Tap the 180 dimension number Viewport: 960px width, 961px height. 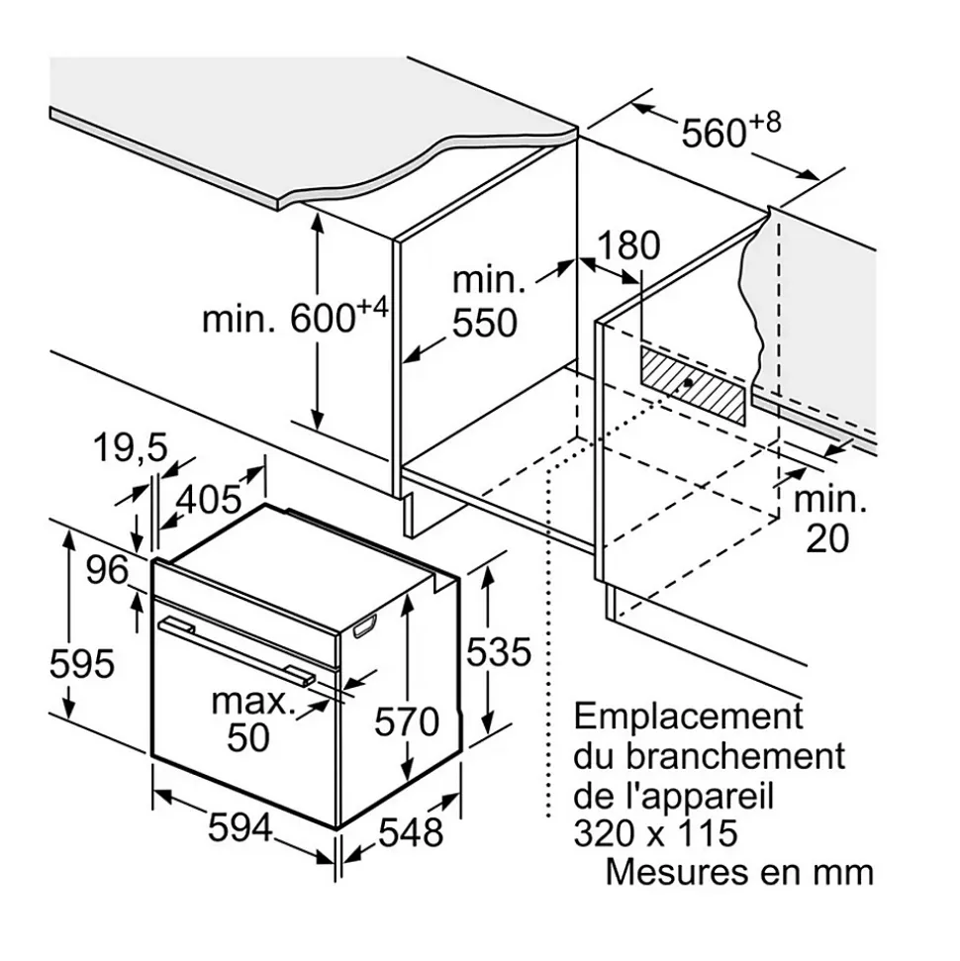(628, 245)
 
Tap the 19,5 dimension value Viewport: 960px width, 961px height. (131, 448)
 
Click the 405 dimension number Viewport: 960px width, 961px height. (208, 500)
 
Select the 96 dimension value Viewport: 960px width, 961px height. (107, 570)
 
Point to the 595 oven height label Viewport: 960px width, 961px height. (82, 663)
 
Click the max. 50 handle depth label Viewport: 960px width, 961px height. (252, 719)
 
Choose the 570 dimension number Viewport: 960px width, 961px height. (407, 721)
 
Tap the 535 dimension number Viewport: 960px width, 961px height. (499, 652)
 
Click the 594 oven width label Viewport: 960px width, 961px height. (240, 827)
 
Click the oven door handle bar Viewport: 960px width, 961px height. (238, 649)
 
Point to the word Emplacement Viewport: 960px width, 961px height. (689, 716)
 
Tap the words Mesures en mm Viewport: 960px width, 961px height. (739, 872)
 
